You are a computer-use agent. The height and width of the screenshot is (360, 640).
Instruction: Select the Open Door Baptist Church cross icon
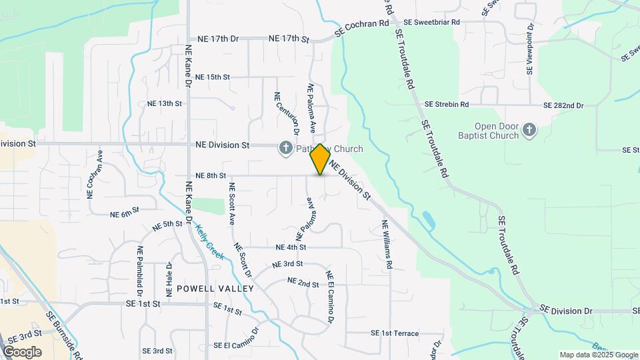pos(529,130)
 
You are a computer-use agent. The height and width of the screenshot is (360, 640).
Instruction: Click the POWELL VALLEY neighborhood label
pos(215,289)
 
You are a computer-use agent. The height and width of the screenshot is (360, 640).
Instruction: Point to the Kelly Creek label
pos(210,241)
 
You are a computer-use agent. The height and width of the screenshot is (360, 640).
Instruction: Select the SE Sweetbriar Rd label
pos(433,22)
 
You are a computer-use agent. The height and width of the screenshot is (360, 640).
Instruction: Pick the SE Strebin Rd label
pos(447,105)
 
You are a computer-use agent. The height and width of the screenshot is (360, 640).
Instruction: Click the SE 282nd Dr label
pos(563,105)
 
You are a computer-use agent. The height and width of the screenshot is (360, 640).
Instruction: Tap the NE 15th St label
pos(209,77)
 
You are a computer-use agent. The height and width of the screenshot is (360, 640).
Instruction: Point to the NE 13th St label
pos(164,103)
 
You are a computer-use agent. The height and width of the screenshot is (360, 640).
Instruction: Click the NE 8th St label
pos(211,175)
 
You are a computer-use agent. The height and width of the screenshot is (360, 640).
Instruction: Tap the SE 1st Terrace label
pos(395,333)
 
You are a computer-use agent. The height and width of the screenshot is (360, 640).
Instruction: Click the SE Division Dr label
pos(566,311)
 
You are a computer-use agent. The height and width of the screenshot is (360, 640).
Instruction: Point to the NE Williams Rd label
pos(387,245)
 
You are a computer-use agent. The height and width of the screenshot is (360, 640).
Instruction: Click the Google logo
pos(22,352)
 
